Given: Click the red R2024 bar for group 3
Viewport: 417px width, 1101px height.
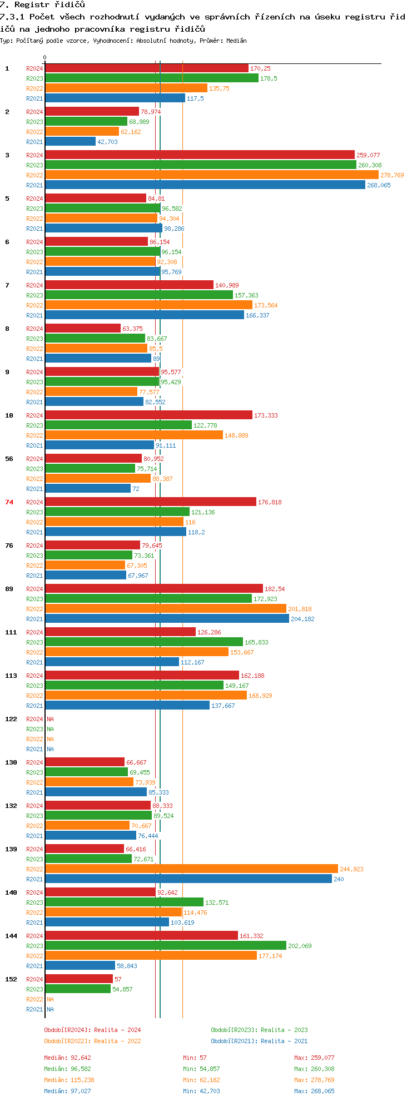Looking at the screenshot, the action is pos(200,155).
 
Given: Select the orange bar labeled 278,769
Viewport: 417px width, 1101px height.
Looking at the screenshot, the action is pos(212,175).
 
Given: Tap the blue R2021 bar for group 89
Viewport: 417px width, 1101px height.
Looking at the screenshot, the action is pos(167,618).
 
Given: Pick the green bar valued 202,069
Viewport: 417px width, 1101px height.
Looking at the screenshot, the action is pos(166,945).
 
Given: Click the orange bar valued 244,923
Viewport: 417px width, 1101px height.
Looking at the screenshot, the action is pos(192,869).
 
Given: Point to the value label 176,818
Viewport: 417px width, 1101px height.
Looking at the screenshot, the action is pos(270,502).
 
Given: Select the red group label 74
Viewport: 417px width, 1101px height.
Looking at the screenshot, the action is pos(9,502).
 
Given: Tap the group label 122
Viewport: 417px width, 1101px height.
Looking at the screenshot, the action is pos(11,719).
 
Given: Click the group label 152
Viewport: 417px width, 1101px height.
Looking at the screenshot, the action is pos(11,979).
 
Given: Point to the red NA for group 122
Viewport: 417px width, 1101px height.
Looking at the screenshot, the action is pos(50,719).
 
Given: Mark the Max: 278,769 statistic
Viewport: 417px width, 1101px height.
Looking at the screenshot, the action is pos(314,1080).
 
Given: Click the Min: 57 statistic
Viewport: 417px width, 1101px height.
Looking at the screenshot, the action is pos(195,1058).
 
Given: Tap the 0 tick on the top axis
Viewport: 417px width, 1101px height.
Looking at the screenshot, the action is pos(45,57).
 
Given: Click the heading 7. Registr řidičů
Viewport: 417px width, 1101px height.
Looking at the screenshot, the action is pos(42,4).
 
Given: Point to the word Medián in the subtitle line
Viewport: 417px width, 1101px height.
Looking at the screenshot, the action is pos(236,41).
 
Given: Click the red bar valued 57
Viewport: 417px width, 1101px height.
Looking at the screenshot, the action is pos(79,979).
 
